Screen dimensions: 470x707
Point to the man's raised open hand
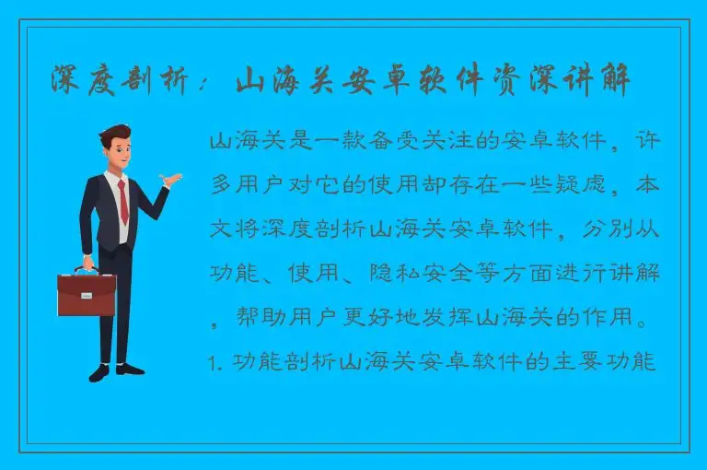point(168,179)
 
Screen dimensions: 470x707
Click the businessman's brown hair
point(115,134)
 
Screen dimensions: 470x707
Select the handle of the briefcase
point(87,269)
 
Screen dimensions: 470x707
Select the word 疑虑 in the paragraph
point(572,186)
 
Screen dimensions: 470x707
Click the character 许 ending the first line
point(650,143)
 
